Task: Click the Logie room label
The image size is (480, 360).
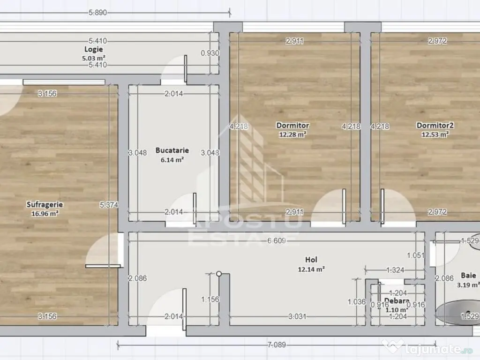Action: pos(94,49)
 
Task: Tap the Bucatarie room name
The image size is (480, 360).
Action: pos(172,150)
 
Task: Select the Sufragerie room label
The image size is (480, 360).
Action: pos(45,204)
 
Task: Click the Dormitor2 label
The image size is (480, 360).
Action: pos(435,125)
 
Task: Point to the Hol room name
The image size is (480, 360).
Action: pos(311,259)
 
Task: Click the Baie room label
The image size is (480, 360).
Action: pos(468,276)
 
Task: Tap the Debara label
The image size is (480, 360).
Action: pos(397,301)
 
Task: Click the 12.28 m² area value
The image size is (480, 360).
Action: pos(293,135)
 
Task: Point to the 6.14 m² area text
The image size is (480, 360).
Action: pos(172,159)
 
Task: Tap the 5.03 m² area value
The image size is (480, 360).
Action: pos(94,58)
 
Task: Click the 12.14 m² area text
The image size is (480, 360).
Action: pos(311,269)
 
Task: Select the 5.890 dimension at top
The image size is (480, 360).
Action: pos(97,13)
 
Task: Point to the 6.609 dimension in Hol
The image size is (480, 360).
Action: pos(277,240)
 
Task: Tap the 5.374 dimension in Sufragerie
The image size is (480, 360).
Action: pos(109,204)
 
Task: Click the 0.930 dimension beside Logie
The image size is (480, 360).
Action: pos(210,53)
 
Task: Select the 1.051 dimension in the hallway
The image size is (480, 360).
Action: pos(415,255)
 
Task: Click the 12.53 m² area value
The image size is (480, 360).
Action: pos(435,135)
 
